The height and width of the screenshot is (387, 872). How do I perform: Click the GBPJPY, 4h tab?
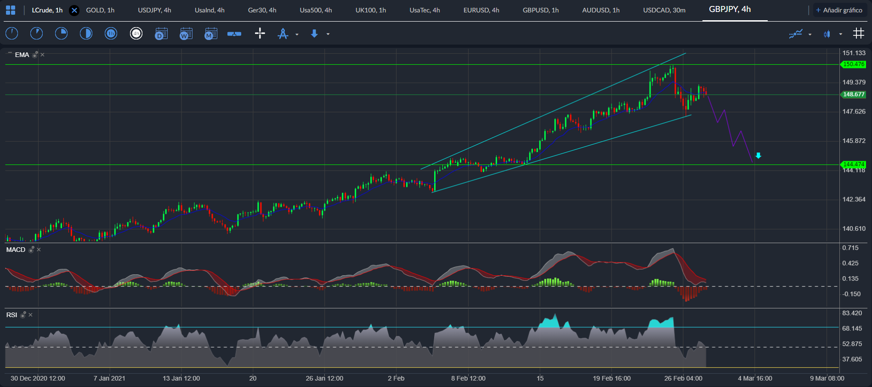click(x=730, y=9)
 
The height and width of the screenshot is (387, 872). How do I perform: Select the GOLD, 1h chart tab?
click(x=100, y=10)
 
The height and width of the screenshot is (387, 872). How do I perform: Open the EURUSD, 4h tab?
click(x=481, y=10)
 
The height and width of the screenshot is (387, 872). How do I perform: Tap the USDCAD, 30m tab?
click(x=664, y=10)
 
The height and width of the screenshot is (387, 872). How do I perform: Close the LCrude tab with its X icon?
click(x=74, y=10)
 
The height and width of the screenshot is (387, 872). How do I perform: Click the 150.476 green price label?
click(x=854, y=64)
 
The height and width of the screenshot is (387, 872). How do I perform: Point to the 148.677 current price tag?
click(x=854, y=94)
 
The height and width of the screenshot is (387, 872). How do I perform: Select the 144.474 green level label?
click(x=854, y=164)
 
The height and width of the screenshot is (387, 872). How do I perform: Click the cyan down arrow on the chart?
click(x=759, y=156)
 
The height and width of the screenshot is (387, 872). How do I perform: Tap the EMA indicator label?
click(x=22, y=55)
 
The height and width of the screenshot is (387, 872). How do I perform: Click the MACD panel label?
click(x=16, y=250)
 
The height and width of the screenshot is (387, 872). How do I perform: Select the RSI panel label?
click(x=11, y=315)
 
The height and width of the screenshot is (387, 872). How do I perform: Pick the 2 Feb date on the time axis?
click(x=396, y=378)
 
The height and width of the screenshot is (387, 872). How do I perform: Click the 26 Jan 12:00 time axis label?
click(x=324, y=378)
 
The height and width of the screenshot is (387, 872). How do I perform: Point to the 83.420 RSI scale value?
click(x=852, y=313)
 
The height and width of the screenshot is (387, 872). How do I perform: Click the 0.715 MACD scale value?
click(x=850, y=248)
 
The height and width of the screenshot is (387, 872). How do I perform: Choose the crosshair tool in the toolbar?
click(x=260, y=33)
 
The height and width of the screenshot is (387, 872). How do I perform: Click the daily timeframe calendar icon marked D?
click(x=161, y=34)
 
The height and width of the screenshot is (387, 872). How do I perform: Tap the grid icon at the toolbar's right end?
click(x=858, y=34)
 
